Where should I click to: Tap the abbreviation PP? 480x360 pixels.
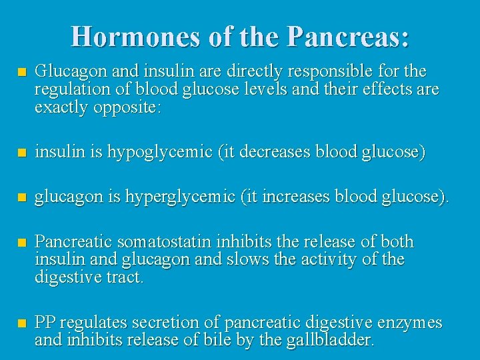coord(45,323)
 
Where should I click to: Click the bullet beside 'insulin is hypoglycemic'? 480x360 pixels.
coord(23,153)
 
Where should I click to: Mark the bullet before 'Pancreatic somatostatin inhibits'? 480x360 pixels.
coord(23,242)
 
